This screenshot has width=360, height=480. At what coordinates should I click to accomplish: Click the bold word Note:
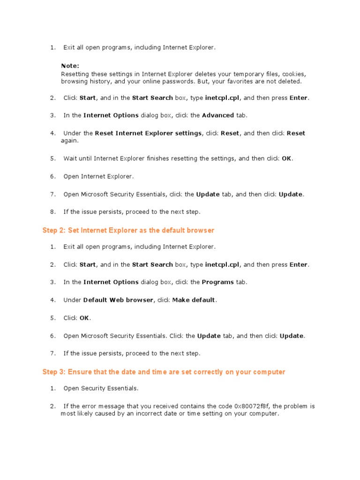click(70, 66)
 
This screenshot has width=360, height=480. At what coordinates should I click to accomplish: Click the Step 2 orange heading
click(128, 230)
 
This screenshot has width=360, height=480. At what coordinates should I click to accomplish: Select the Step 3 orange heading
click(164, 372)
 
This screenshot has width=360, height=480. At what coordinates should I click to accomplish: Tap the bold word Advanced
click(218, 115)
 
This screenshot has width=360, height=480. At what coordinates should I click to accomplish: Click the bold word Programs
click(217, 282)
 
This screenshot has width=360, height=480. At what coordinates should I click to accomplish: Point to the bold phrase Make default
click(194, 300)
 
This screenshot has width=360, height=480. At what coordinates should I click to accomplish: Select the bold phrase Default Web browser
click(118, 300)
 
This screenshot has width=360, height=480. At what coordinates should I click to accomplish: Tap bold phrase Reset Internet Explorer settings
click(148, 133)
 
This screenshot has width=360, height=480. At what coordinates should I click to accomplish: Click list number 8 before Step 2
click(53, 212)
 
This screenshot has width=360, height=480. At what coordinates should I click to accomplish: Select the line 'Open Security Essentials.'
click(101, 388)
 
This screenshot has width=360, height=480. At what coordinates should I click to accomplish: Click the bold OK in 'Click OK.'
click(84, 318)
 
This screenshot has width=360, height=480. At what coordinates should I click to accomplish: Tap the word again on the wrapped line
click(70, 141)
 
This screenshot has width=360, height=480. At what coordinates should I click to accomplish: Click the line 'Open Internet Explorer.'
click(98, 176)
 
